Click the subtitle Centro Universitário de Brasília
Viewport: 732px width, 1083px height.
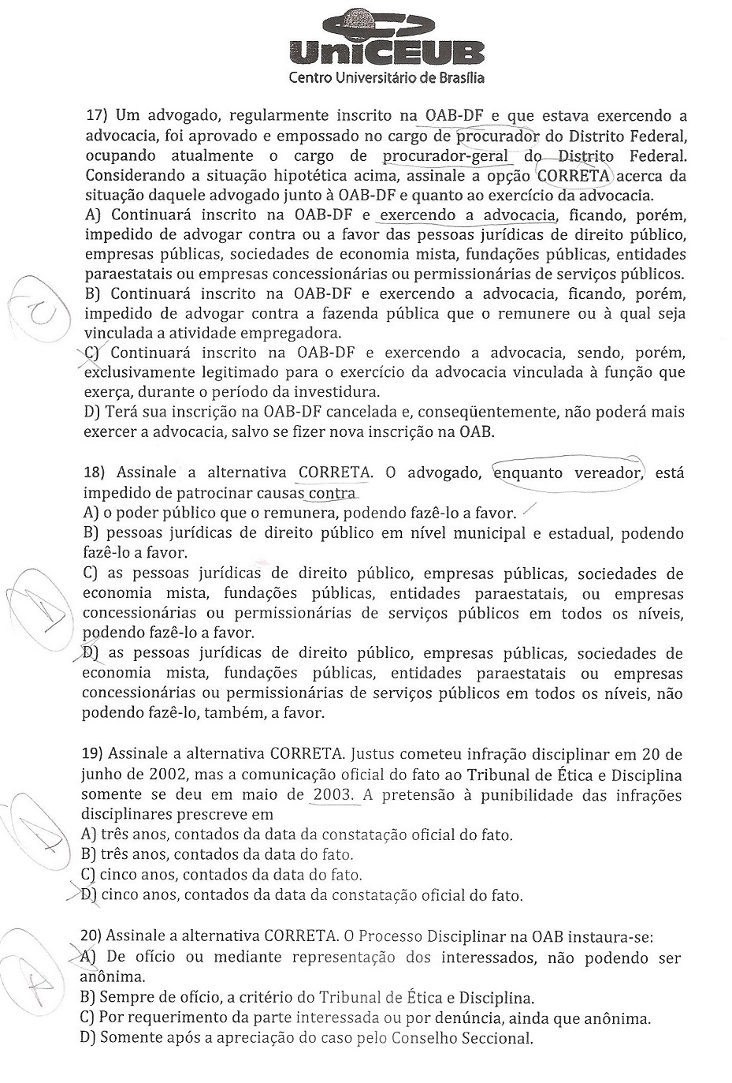coord(387,77)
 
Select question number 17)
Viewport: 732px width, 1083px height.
coord(95,116)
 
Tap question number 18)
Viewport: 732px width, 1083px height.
coord(95,473)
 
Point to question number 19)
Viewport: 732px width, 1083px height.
coord(95,755)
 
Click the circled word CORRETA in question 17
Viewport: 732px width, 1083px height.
coord(573,176)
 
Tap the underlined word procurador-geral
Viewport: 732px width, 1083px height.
coord(446,156)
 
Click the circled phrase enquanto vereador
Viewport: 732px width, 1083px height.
coord(567,473)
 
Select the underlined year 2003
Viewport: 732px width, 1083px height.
coord(333,795)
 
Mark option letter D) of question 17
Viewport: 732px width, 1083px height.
coord(92,412)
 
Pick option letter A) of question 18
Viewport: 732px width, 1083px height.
coord(91,513)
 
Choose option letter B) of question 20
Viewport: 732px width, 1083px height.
coord(88,998)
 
